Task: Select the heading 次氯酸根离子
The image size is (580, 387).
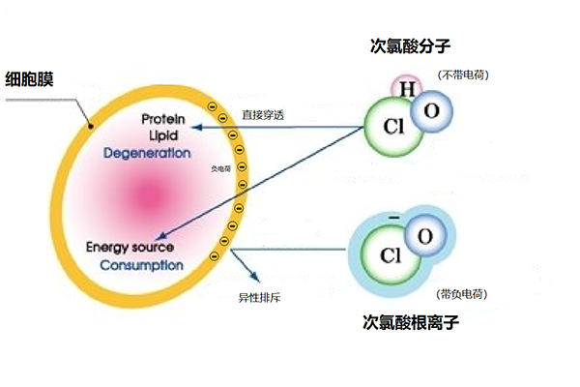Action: [410, 322]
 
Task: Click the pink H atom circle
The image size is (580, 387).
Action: [407, 90]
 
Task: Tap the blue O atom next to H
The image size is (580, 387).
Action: [431, 111]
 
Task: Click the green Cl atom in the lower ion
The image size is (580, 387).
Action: [390, 255]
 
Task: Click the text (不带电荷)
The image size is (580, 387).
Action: [460, 74]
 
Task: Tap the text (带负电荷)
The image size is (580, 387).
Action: [461, 293]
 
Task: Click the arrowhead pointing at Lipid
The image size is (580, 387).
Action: [194, 128]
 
